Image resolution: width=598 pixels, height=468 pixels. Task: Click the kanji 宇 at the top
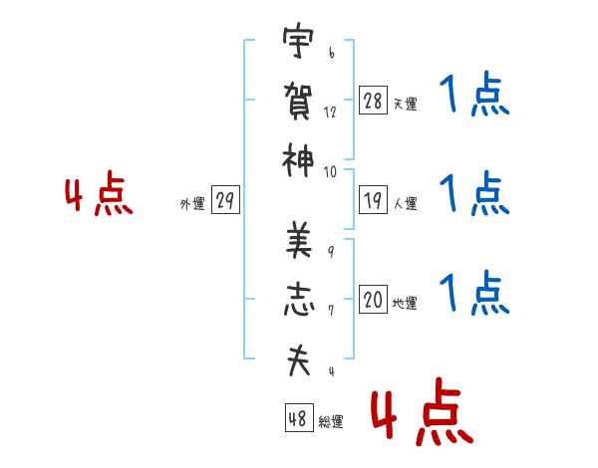(x=298, y=40)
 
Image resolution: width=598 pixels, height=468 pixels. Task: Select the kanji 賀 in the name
(x=298, y=101)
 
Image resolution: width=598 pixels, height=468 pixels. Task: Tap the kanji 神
(x=298, y=160)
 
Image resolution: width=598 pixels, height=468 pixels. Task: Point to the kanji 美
(x=299, y=240)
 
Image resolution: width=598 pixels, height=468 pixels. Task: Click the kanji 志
(x=299, y=300)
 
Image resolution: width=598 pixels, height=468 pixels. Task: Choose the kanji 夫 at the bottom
(x=299, y=360)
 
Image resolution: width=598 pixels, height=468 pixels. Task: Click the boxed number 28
(x=373, y=101)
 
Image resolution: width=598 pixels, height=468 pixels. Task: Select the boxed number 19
(x=373, y=200)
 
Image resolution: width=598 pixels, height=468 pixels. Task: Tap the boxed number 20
(x=373, y=299)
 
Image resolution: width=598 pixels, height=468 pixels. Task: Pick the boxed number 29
(x=225, y=200)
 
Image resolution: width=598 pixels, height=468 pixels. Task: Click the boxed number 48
(x=299, y=417)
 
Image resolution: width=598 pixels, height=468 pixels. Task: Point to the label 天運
(x=406, y=104)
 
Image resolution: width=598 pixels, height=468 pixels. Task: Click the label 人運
(x=406, y=203)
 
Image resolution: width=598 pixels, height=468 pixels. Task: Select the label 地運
(x=405, y=304)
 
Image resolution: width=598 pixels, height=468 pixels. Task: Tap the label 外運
(x=192, y=204)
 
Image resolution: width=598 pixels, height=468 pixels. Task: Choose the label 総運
(x=331, y=422)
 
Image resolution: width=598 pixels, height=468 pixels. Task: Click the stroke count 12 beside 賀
(x=330, y=113)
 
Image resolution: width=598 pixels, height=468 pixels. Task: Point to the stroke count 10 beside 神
(x=330, y=172)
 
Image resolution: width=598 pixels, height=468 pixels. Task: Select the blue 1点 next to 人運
(x=474, y=193)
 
